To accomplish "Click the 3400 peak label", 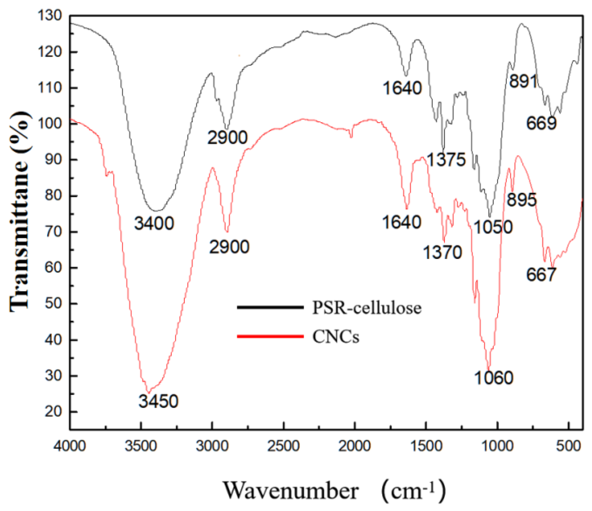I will click(x=154, y=223).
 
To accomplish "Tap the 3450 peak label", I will click(x=158, y=401).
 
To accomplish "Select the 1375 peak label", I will click(x=446, y=160).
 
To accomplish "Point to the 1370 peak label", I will click(x=442, y=252).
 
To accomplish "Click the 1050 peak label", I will click(x=493, y=227).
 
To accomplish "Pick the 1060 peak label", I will click(x=494, y=378).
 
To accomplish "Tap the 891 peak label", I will click(x=523, y=81).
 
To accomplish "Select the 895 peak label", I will click(x=522, y=200).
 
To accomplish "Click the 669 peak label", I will click(x=541, y=123).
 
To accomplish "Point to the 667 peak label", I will click(x=541, y=274).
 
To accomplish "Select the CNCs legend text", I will click(x=336, y=337).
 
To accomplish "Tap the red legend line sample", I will click(x=270, y=336).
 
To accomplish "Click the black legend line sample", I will click(x=270, y=307).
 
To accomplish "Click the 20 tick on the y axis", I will click(x=53, y=411).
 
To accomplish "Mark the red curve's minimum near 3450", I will click(x=148, y=393).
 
